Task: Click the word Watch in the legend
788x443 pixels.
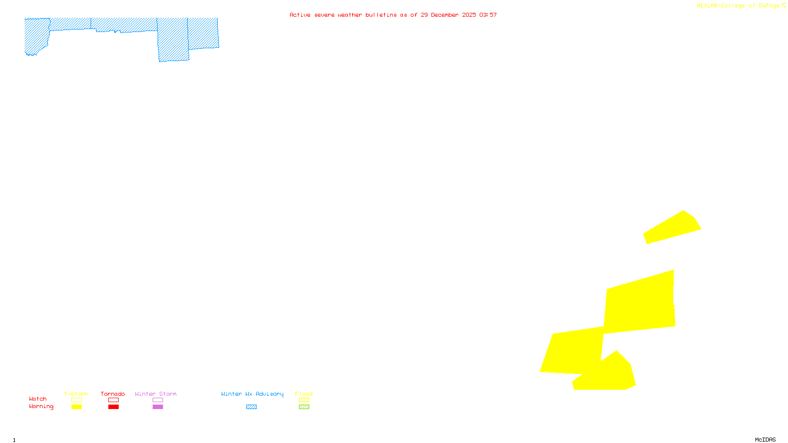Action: pos(38,399)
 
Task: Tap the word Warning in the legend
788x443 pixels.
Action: pos(41,407)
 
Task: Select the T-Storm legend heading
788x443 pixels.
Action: pos(76,394)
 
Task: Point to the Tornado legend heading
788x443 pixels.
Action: pos(113,394)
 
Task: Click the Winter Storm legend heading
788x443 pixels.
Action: pos(156,394)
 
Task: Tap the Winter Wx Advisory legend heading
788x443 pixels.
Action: pos(252,394)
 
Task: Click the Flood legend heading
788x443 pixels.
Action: pos(304,394)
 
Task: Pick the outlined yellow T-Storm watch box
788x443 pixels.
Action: pos(76,400)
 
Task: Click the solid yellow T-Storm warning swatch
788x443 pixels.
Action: pos(76,407)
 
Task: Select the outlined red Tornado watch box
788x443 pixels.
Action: pos(113,400)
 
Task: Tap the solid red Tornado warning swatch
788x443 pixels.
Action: pos(113,407)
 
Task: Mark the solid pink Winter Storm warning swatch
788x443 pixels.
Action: pos(158,407)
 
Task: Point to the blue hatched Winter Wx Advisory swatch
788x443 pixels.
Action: pos(251,407)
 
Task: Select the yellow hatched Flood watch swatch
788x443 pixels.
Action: pos(304,400)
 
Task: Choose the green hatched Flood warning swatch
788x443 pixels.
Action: pos(304,407)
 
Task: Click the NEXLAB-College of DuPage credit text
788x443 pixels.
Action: pos(738,6)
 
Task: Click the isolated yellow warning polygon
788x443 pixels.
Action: pos(672,228)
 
